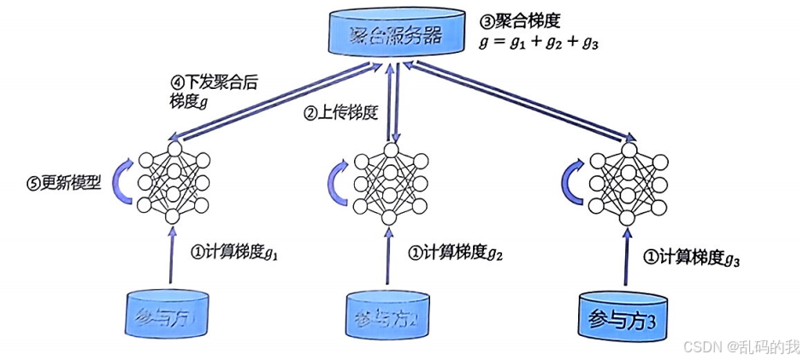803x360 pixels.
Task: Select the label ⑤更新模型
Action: click(63, 183)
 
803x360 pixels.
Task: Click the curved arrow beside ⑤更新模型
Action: click(123, 180)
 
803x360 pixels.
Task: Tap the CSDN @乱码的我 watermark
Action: click(740, 345)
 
